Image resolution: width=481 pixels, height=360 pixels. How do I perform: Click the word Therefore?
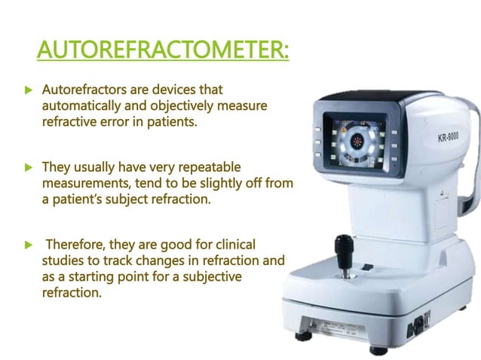pyautogui.click(x=80, y=246)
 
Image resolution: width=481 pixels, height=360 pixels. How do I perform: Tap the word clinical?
pyautogui.click(x=228, y=246)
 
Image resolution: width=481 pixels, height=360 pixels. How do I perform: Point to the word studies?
pyautogui.click(x=63, y=261)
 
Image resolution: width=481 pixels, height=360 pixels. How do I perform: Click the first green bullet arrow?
pyautogui.click(x=28, y=90)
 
